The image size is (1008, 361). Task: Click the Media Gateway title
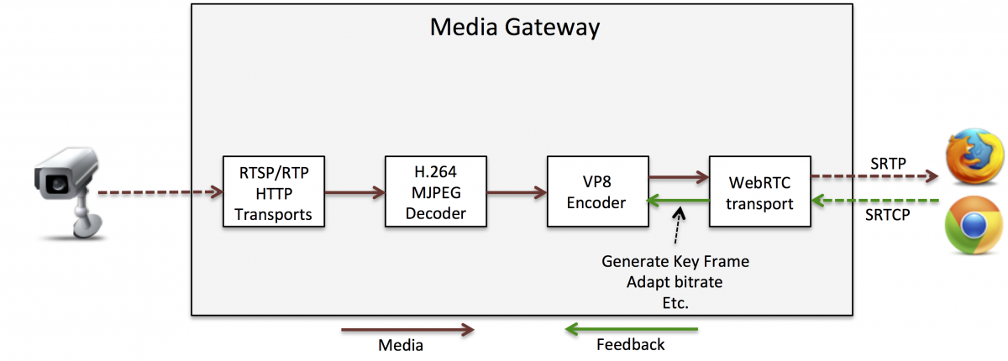tap(515, 27)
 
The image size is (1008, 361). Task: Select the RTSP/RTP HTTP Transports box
tap(273, 191)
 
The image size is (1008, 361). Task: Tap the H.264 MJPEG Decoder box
tap(435, 191)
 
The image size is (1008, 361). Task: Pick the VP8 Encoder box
tap(597, 191)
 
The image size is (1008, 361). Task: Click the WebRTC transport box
tap(759, 191)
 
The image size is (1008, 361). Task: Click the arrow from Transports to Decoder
tap(354, 192)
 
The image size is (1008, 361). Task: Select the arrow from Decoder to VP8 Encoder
tap(516, 192)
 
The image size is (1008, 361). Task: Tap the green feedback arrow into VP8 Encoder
tap(678, 200)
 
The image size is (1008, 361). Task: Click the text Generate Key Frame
tap(675, 261)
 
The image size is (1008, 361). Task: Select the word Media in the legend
tap(401, 344)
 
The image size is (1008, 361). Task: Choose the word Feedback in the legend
tap(630, 344)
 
